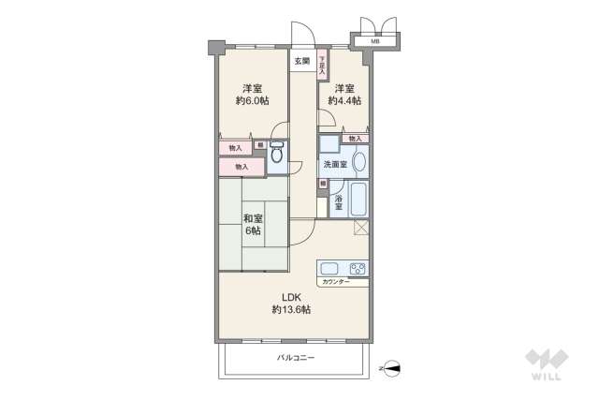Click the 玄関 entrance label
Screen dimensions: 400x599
coord(301,62)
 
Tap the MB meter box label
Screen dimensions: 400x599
coord(375,41)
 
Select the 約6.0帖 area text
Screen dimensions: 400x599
coord(253,100)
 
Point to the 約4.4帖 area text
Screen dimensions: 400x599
coord(344,100)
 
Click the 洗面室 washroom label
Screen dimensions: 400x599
coord(333,164)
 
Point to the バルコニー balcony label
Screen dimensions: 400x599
coord(296,359)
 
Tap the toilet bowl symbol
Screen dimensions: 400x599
coord(277,156)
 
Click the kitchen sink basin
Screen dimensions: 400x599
coord(329,267)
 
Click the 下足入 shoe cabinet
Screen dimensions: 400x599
coord(321,64)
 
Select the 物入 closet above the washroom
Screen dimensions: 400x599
coord(355,139)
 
